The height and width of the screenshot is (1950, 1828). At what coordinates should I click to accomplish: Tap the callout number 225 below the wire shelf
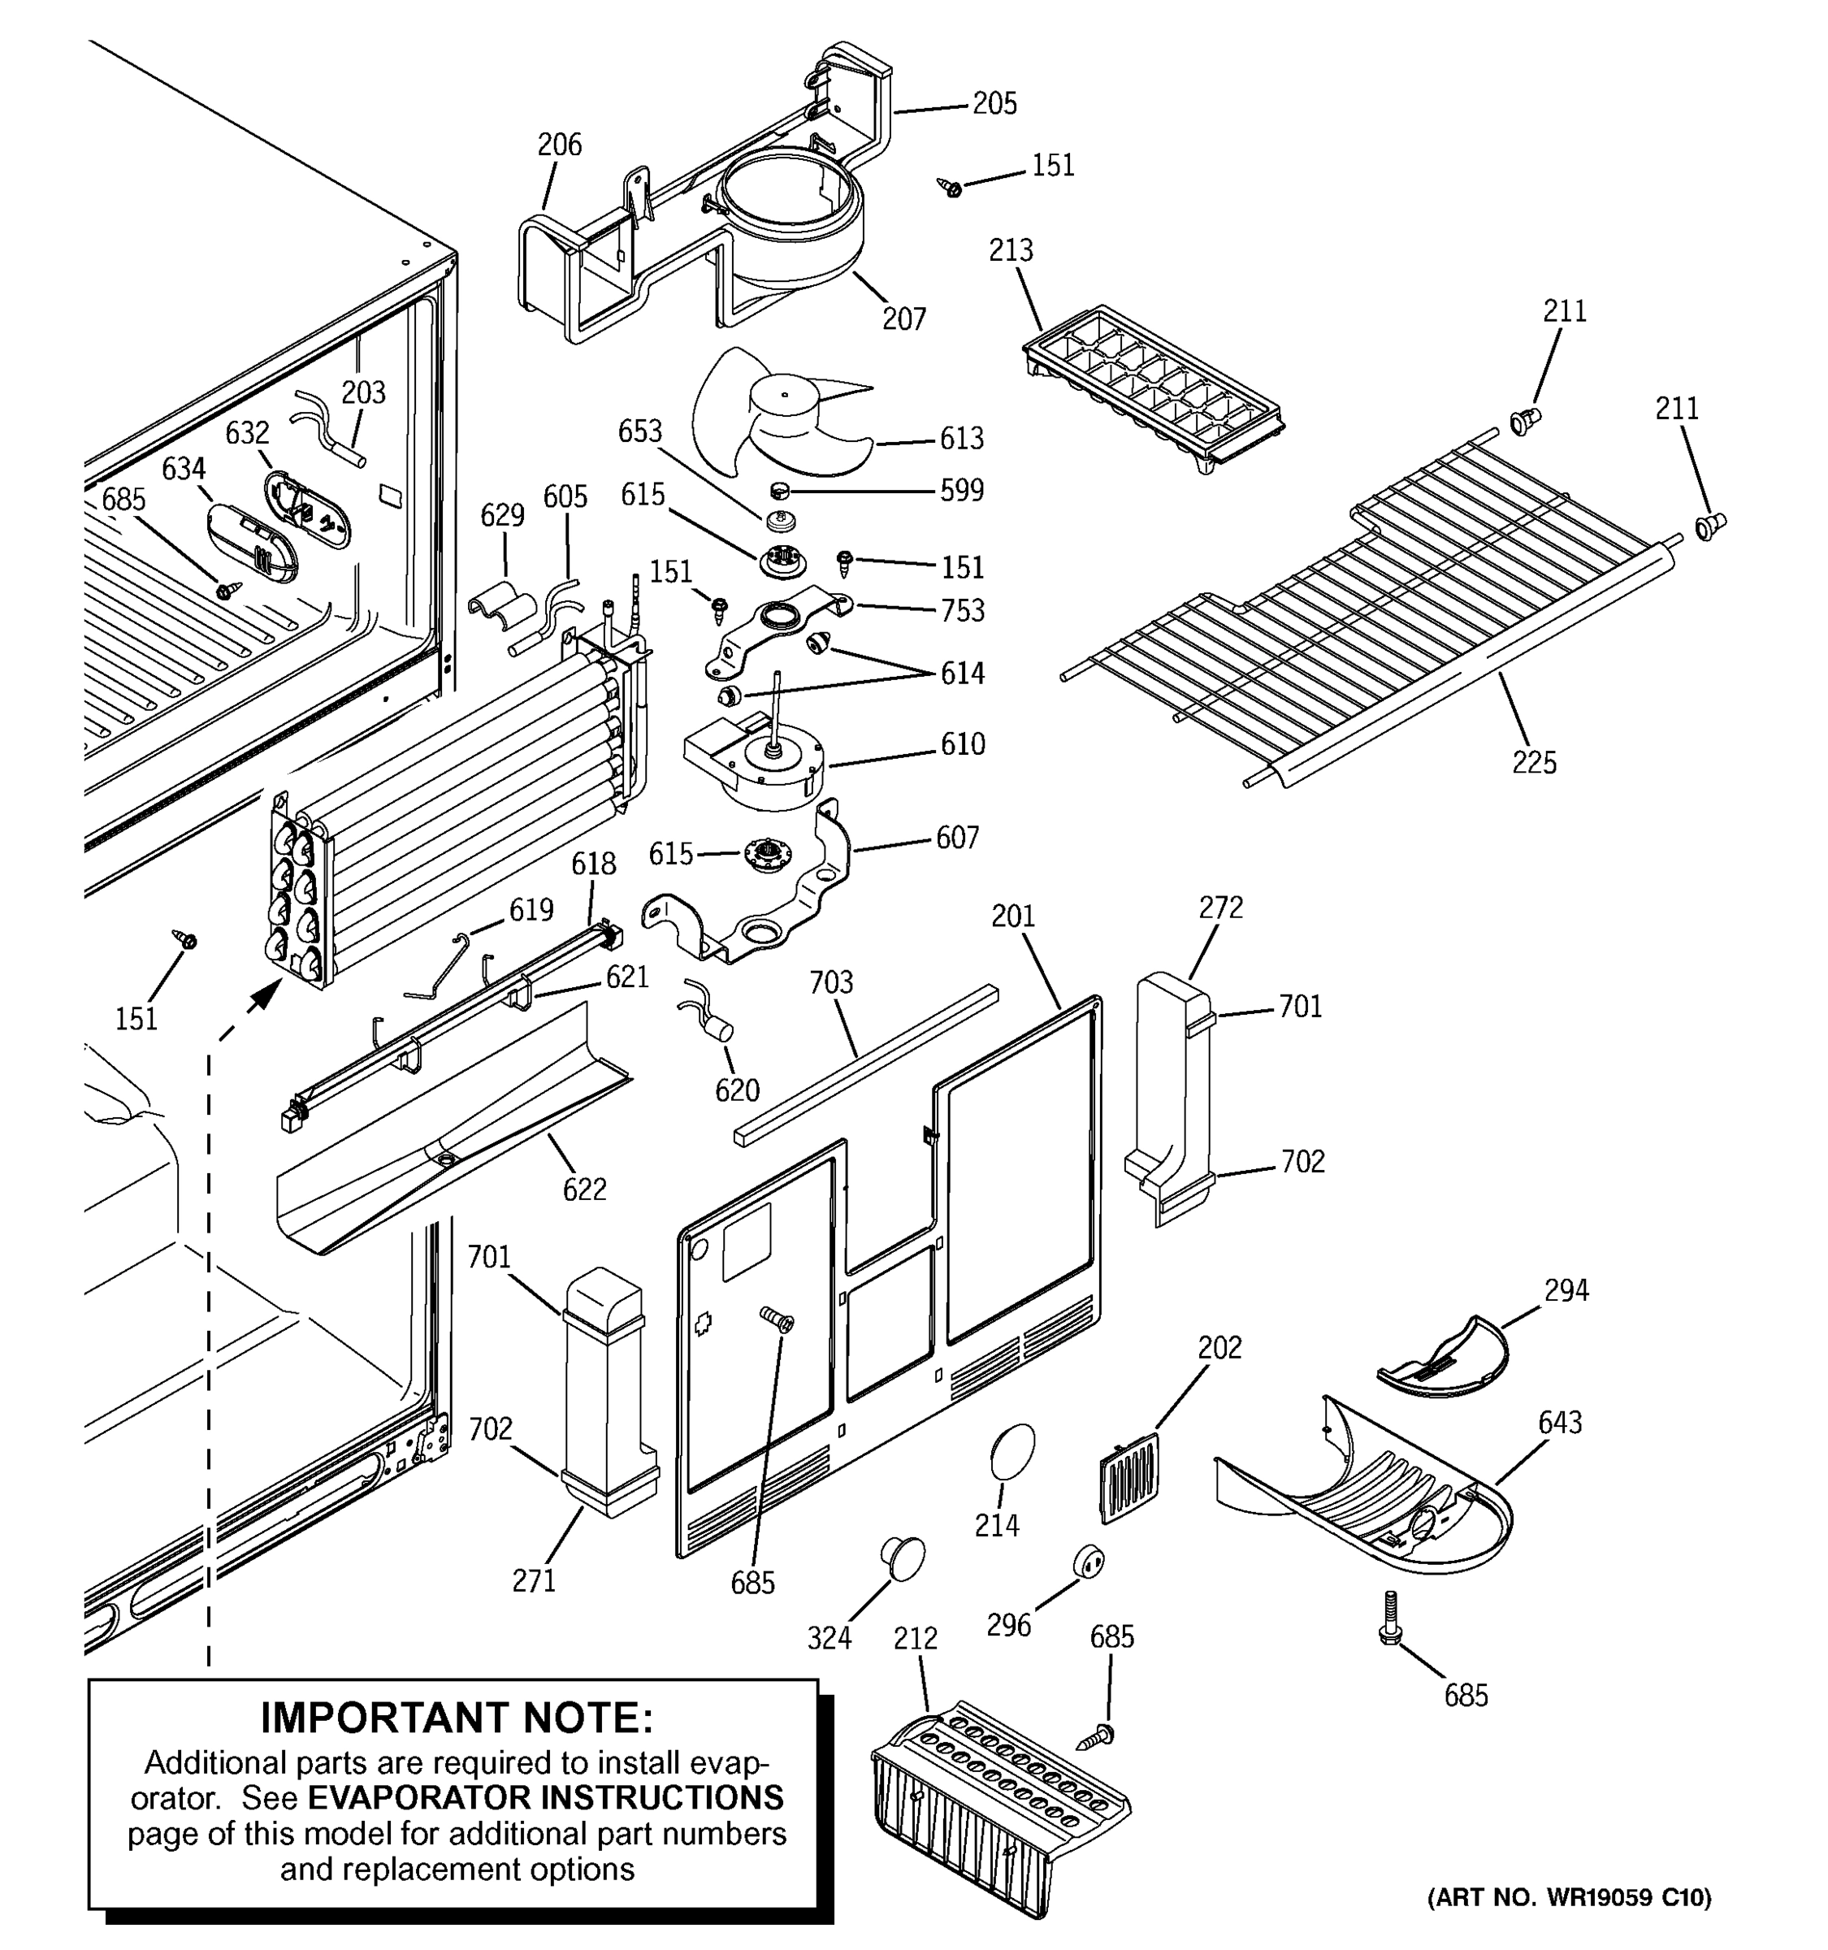coord(1534,762)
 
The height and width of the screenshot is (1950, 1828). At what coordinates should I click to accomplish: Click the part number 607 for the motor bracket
coord(957,838)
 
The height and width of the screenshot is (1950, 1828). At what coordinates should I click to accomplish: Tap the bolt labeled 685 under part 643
coord(1389,1618)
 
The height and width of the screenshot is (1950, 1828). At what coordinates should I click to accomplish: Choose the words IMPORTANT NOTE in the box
coord(456,1718)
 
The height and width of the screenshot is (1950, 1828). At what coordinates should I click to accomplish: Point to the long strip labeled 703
coord(865,1066)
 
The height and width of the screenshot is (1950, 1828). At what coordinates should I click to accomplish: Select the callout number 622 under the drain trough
coord(584,1189)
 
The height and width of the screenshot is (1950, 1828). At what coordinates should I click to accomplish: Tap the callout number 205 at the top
coord(994,104)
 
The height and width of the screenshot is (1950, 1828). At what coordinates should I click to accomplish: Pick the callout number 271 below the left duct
coord(534,1580)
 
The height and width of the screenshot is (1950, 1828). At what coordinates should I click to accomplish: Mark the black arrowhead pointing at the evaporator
coord(261,998)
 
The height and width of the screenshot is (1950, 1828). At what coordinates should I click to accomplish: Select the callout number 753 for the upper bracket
coord(962,610)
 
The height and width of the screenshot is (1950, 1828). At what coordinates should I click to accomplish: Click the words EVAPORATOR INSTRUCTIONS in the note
coord(545,1797)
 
